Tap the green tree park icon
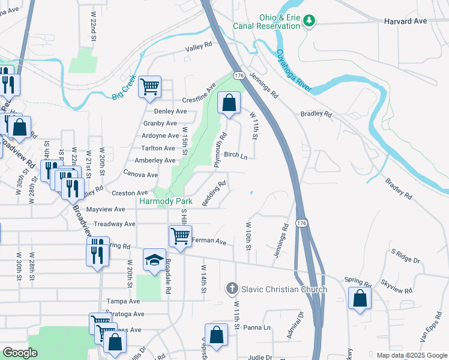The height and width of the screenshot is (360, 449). pyautogui.click(x=309, y=21)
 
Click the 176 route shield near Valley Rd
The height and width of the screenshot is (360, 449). pyautogui.click(x=239, y=76)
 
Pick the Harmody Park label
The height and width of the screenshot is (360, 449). pyautogui.click(x=166, y=202)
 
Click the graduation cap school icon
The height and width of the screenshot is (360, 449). pyautogui.click(x=154, y=260)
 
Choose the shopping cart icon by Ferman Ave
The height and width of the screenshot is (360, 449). pyautogui.click(x=180, y=236)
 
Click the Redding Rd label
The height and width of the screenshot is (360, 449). pyautogui.click(x=214, y=194)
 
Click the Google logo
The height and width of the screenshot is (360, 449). pyautogui.click(x=20, y=353)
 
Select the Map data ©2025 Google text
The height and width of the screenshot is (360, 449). pyautogui.click(x=411, y=355)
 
